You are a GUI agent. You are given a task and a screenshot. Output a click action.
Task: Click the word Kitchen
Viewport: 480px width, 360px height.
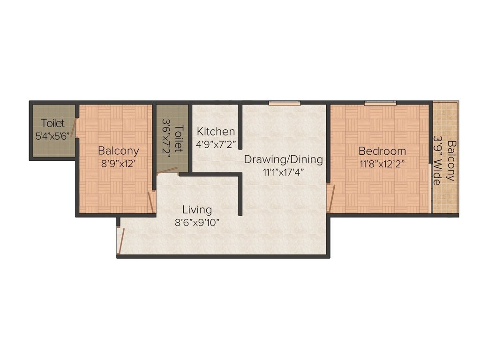(x=216, y=131)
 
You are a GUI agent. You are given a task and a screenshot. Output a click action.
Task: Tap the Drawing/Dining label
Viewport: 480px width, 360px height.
(x=283, y=159)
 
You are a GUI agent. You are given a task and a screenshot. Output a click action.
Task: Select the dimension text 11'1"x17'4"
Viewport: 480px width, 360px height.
(x=283, y=172)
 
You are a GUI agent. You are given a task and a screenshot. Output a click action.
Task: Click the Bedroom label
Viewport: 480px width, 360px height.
(x=382, y=151)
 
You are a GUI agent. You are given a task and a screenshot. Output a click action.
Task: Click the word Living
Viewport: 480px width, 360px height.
(x=197, y=210)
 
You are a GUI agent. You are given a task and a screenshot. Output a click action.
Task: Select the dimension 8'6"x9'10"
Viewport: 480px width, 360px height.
(x=197, y=222)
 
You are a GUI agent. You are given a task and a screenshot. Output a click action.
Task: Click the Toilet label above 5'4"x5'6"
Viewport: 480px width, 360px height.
(x=52, y=124)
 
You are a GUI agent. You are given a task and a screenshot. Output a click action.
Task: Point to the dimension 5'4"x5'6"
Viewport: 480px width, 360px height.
(x=52, y=136)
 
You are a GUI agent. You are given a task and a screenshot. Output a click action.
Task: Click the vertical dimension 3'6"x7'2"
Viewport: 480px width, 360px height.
(x=166, y=138)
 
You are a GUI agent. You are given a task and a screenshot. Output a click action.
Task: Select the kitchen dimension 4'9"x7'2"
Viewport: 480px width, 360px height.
(x=216, y=143)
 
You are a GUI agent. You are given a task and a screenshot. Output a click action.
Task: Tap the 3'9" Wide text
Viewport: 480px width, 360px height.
(x=438, y=160)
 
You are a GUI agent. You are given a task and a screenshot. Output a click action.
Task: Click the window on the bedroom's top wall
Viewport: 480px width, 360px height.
(x=380, y=103)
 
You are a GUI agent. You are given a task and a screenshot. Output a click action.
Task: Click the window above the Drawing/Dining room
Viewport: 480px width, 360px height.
(x=285, y=103)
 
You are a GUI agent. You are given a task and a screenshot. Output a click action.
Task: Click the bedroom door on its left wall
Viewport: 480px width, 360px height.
(x=331, y=197)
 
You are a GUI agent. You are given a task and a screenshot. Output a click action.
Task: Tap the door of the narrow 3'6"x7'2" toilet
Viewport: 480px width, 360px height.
(x=167, y=171)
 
